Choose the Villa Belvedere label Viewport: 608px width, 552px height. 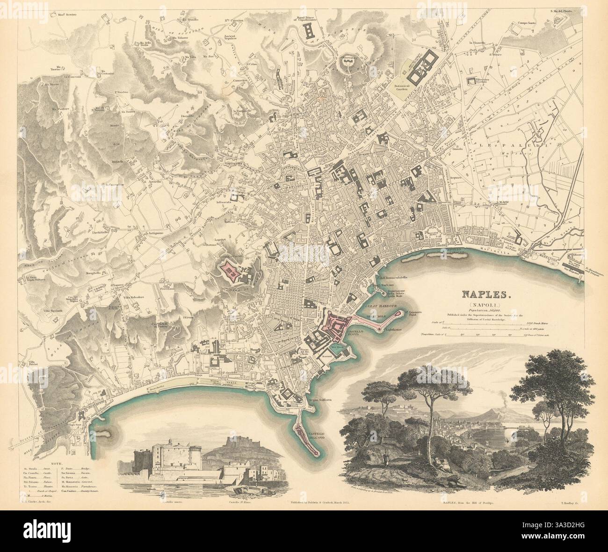(x=137, y=298)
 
